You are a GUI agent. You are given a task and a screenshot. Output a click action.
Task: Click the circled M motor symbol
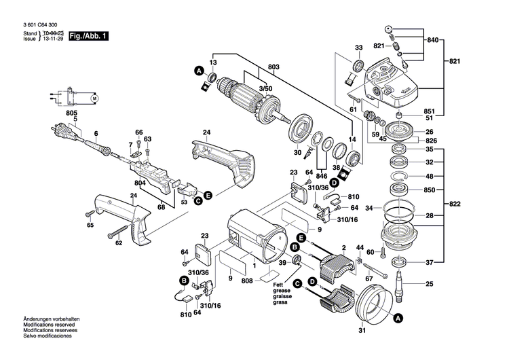[94, 99]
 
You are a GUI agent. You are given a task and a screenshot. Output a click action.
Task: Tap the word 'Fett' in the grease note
[279, 285]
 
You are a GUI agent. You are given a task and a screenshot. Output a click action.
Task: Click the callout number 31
[360, 330]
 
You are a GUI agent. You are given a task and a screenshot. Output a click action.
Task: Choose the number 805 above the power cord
[72, 113]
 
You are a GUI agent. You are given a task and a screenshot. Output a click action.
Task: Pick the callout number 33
[358, 48]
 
